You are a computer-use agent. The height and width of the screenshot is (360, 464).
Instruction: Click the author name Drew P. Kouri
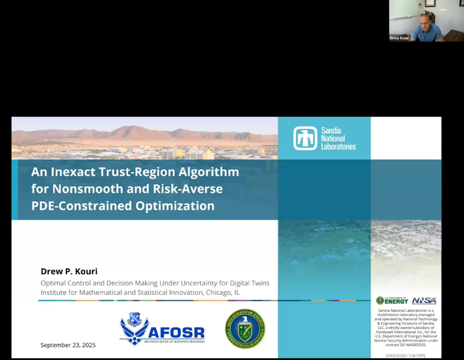click(69, 271)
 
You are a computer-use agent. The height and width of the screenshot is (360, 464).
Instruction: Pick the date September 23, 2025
click(68, 345)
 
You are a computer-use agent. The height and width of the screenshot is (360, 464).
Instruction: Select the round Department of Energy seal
click(245, 328)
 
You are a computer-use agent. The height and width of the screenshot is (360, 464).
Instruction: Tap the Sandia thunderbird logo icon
click(305, 138)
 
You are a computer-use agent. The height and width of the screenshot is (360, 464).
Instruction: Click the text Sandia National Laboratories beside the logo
click(338, 138)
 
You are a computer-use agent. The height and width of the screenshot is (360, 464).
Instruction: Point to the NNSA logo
click(424, 300)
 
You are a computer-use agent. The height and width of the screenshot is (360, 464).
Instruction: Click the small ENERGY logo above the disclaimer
click(393, 300)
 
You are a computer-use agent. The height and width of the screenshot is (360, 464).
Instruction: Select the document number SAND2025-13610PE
click(405, 355)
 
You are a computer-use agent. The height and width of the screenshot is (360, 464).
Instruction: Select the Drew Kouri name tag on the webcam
click(399, 38)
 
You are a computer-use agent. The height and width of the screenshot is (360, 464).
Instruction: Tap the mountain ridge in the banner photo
click(135, 131)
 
